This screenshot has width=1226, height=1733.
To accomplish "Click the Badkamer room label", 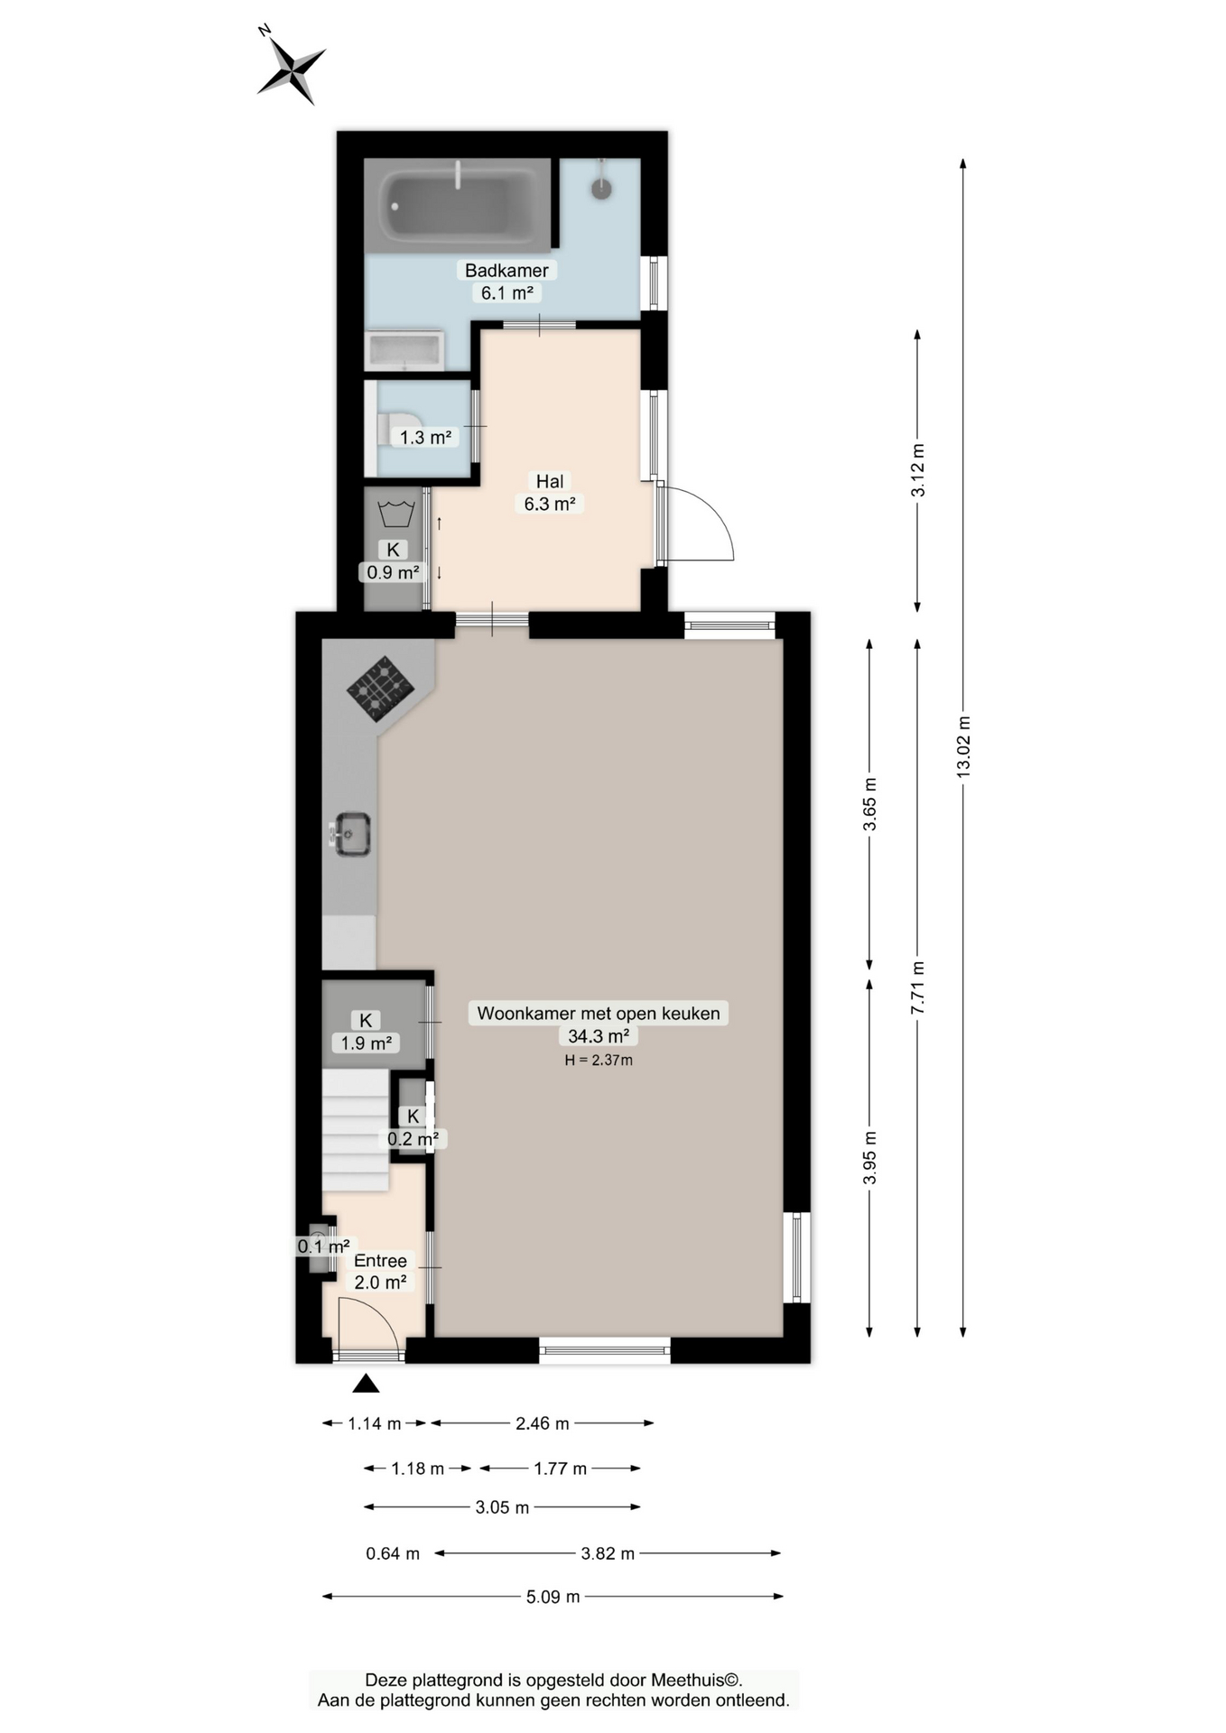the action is coord(506,270).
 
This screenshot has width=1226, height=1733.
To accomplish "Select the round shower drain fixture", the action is coord(601,188).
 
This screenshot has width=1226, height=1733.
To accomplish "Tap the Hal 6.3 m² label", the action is coord(550,493).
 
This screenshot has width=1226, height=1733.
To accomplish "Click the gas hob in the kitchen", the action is coord(381,689).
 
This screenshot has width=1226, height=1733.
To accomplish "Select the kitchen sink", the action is coord(351,833).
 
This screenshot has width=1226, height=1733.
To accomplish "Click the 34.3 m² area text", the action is coord(599,1035).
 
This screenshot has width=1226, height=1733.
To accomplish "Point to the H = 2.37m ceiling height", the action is coord(599,1060).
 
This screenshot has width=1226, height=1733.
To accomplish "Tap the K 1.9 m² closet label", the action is coord(366,1032).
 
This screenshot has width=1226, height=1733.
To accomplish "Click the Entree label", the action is coord(380,1261).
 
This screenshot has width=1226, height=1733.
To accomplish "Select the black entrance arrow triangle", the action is coord(366,1383).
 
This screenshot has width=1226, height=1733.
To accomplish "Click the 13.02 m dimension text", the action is coord(963,747).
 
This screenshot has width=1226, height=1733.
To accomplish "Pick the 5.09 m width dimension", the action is coord(553,1597).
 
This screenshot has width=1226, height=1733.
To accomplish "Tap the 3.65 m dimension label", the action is coord(869,804).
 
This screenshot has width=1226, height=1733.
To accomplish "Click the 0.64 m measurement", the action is coord(393,1553).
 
